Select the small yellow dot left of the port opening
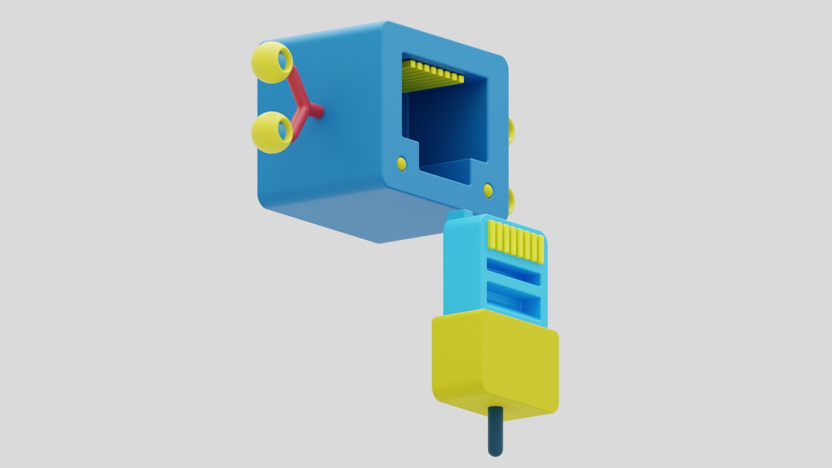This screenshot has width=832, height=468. click(x=402, y=163)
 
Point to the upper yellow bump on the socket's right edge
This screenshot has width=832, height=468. click(x=511, y=130)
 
